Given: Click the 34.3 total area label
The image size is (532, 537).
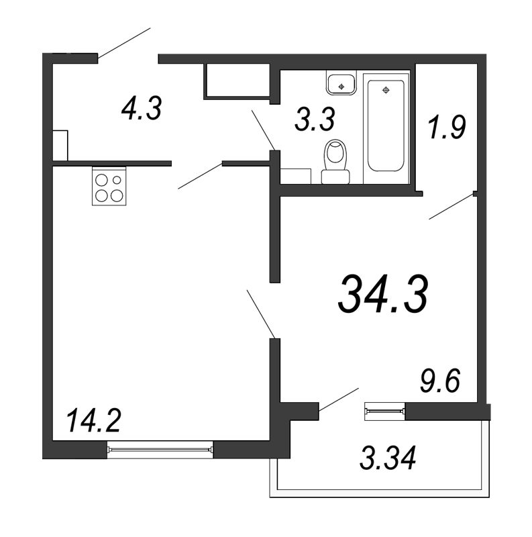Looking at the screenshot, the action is pos(383,294).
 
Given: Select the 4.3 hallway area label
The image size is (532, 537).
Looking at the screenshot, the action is pos(142,108).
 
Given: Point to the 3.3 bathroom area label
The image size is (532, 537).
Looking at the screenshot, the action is pos(315,119).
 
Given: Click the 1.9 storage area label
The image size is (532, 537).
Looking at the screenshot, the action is pos(447,127).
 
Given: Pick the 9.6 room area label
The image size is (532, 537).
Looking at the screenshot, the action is pos(440,381).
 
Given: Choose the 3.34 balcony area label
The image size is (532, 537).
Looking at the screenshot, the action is pos(388,458).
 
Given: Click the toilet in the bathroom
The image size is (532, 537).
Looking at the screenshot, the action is pos(336,162).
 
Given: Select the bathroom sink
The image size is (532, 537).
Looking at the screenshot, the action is pos(341,83).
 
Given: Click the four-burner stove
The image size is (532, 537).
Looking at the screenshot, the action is pos(109,186).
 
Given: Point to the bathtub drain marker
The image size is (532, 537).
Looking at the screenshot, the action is pos(386,90).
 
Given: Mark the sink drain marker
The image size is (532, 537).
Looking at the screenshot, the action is pos(341,87).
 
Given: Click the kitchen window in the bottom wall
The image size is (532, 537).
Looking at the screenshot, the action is pos(160,449).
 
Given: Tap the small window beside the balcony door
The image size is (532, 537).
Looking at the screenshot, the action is pos(385,411).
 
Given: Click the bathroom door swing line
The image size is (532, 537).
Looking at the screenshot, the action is pos(263,130).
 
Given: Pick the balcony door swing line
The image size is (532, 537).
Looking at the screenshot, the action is pos(339,399).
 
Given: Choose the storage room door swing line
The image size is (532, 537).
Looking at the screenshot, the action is pos(451,207).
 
